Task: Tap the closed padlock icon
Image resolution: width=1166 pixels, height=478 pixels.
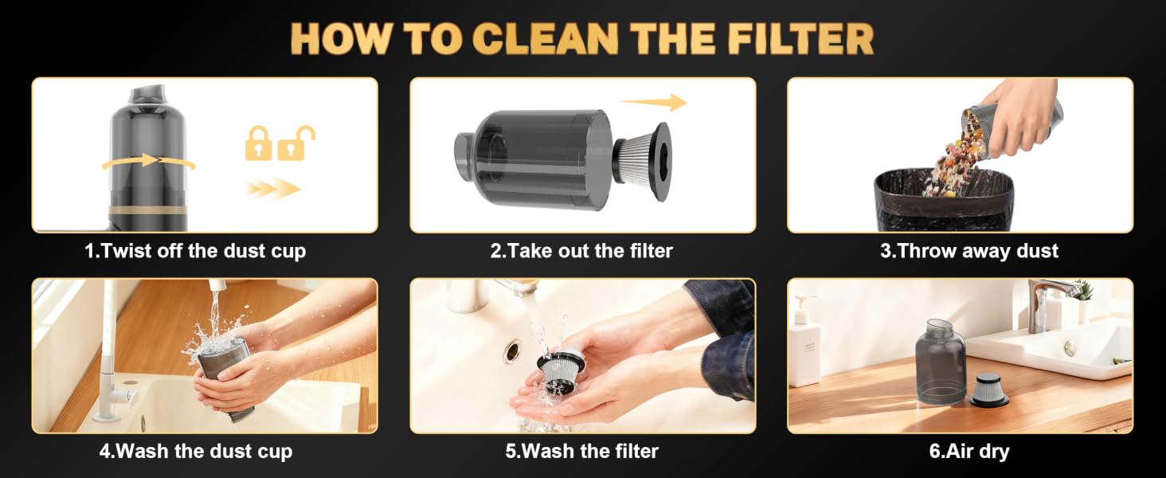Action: point(258,143)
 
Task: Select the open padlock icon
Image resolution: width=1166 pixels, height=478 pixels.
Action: point(295,143)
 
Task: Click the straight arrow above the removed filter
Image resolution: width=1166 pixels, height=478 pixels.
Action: point(654,102)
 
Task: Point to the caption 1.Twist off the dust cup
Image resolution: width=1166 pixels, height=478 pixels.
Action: point(195,251)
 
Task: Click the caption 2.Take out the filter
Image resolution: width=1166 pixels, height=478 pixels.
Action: point(581,251)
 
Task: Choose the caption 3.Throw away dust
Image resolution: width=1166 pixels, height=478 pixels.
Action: point(969,251)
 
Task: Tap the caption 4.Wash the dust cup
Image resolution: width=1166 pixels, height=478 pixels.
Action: point(196,451)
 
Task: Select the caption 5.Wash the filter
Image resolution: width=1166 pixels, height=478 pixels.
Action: point(582,451)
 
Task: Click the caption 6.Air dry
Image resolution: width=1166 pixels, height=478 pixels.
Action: point(969,452)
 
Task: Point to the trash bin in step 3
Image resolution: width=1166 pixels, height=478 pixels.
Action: point(945,201)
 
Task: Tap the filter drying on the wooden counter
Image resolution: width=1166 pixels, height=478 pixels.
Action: point(988,390)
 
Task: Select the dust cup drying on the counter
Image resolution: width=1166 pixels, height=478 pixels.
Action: point(941,362)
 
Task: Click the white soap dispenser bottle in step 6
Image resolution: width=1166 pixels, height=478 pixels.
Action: point(804,341)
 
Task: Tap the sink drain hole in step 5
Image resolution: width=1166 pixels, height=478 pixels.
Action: point(512,351)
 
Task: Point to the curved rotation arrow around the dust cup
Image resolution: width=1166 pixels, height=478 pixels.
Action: point(149,162)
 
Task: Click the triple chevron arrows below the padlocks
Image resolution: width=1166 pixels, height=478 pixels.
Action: point(274,189)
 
